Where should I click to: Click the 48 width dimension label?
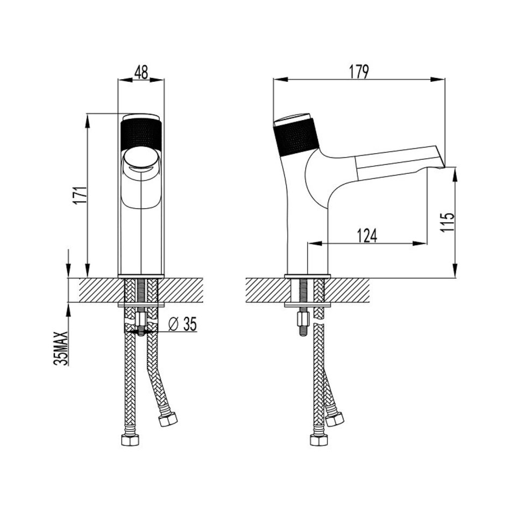tap(141, 72)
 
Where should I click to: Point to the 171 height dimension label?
tap(80, 196)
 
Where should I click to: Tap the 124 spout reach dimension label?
tap(367, 236)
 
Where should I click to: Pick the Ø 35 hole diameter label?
tap(182, 324)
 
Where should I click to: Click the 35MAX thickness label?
tap(62, 348)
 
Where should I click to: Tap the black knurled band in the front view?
tap(141, 136)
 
